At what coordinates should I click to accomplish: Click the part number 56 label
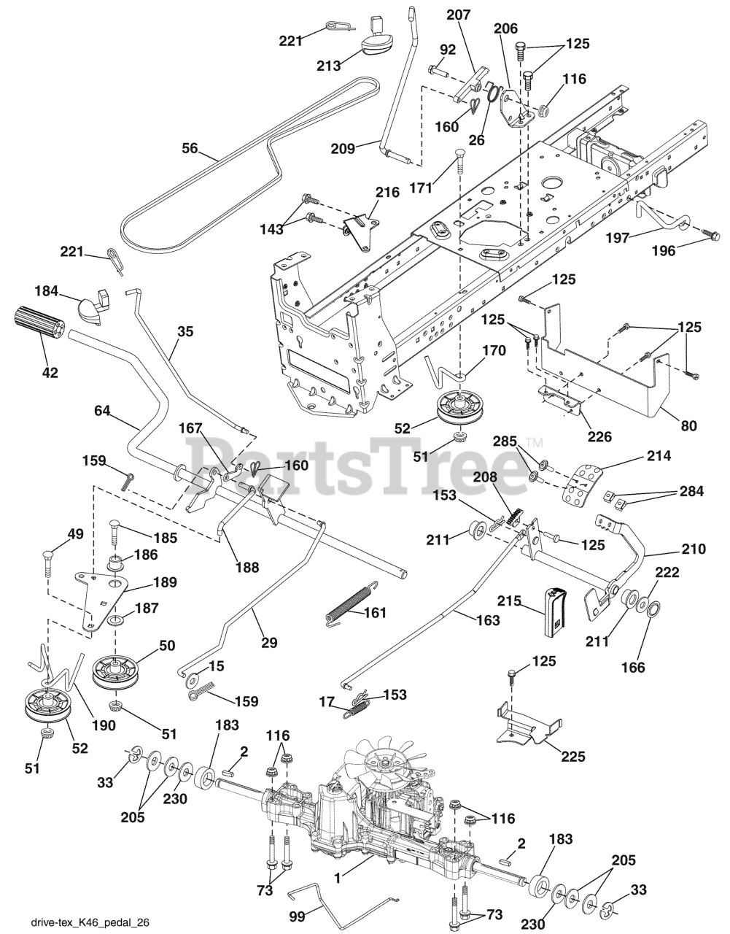(190, 148)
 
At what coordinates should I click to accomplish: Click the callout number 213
(329, 66)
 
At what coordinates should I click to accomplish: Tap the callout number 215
(508, 602)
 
